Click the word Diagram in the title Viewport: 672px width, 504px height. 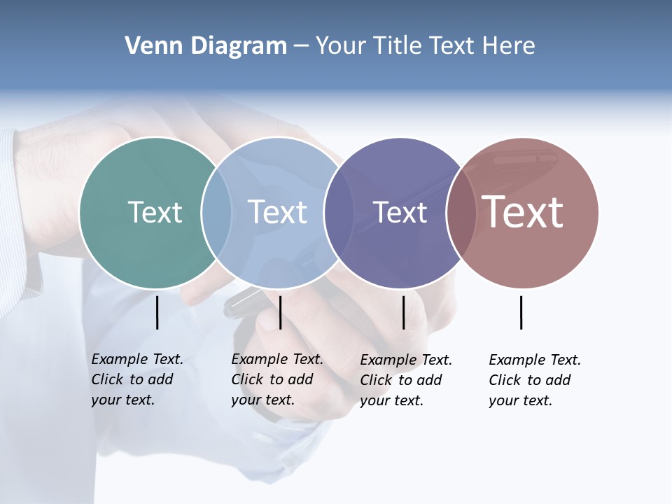(238, 46)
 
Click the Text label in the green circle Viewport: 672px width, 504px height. (155, 212)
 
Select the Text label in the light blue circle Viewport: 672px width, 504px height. (277, 212)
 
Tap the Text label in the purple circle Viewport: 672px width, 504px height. (400, 212)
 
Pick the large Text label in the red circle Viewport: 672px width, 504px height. (523, 212)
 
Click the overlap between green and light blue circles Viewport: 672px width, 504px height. (216, 212)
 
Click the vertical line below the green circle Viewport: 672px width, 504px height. (157, 312)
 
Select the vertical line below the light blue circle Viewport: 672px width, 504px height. (280, 312)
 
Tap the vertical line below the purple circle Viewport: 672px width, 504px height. (403, 312)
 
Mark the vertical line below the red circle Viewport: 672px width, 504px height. (521, 312)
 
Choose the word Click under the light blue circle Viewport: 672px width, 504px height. (247, 379)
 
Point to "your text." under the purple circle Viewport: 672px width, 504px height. (391, 400)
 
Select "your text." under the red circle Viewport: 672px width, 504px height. (520, 400)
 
